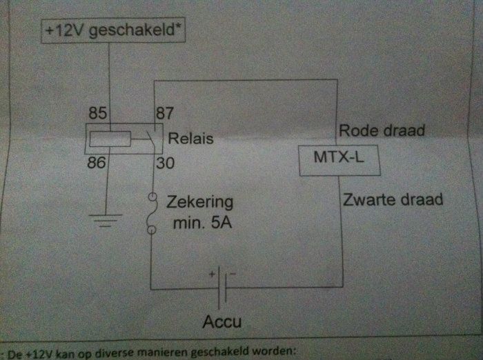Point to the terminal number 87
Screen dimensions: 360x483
165,112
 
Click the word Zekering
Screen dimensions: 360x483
201,203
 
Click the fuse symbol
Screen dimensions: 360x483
151,215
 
